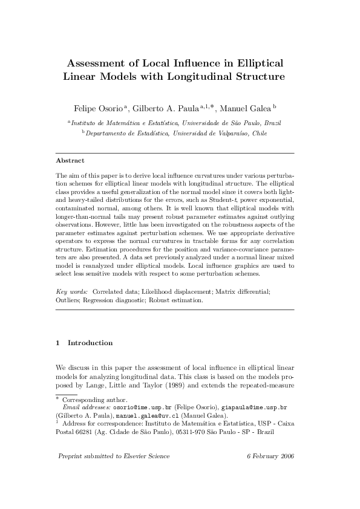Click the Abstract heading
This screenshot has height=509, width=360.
(x=70, y=161)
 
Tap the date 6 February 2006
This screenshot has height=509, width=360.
(x=270, y=456)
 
